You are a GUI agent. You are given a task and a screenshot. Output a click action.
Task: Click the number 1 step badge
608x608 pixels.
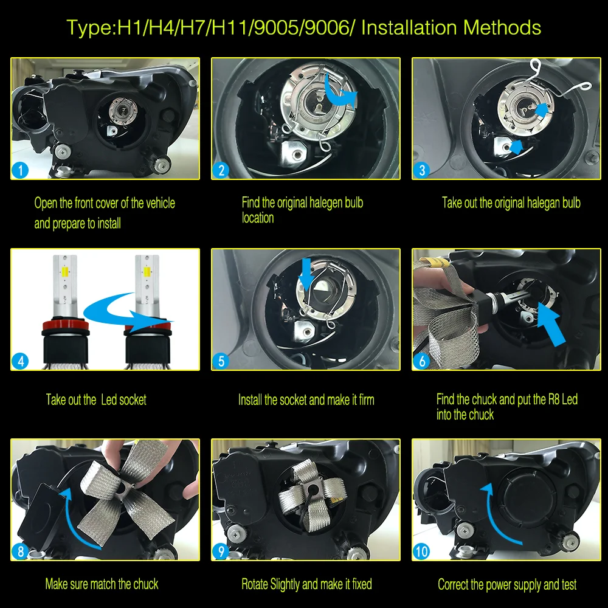pyautogui.click(x=20, y=170)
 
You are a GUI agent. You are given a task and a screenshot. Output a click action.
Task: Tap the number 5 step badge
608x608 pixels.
pyautogui.click(x=221, y=361)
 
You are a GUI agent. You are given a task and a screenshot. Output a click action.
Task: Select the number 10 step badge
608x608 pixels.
pyautogui.click(x=421, y=551)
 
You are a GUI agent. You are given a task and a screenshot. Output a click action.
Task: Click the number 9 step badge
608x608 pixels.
pyautogui.click(x=221, y=551)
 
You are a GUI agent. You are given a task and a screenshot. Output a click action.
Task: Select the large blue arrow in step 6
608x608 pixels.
pyautogui.click(x=551, y=324)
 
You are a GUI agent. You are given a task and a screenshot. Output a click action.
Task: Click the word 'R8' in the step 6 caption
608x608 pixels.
pyautogui.click(x=554, y=399)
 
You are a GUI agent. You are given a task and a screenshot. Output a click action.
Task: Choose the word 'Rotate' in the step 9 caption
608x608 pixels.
pyautogui.click(x=254, y=584)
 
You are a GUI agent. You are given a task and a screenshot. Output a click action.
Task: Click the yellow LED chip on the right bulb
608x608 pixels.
pyautogui.click(x=147, y=272)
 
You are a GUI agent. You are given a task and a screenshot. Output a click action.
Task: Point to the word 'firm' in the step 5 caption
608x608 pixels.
pyautogui.click(x=366, y=399)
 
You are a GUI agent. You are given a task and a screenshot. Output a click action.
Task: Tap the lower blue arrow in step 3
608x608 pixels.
pyautogui.click(x=516, y=147)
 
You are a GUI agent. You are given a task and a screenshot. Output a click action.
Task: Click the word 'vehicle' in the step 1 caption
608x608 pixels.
pyautogui.click(x=161, y=203)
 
